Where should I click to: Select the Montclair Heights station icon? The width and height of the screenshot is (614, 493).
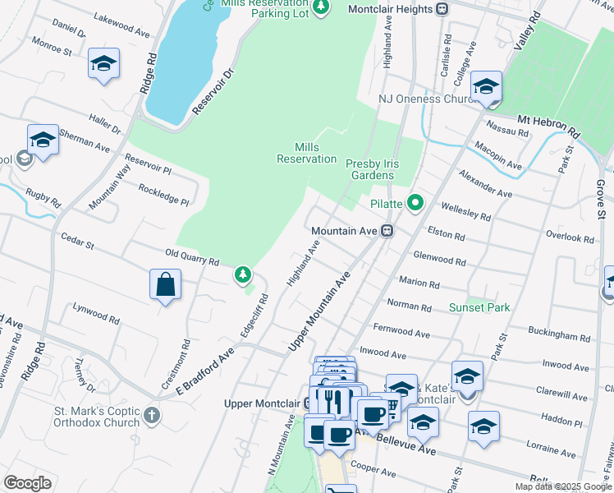442,9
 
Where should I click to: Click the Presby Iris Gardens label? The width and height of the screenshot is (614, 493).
371,169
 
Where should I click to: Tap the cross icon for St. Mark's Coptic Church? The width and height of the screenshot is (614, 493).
151,415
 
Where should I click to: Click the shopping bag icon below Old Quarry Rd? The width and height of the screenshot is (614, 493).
165,285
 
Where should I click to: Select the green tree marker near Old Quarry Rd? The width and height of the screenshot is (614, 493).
243,274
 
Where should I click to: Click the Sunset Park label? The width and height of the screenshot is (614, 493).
479,307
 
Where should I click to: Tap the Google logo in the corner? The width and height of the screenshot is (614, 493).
27,483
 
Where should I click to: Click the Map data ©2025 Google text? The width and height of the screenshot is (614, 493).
564,486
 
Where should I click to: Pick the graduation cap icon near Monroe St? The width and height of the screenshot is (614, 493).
104,63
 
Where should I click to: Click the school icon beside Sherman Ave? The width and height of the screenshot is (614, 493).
42,140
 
